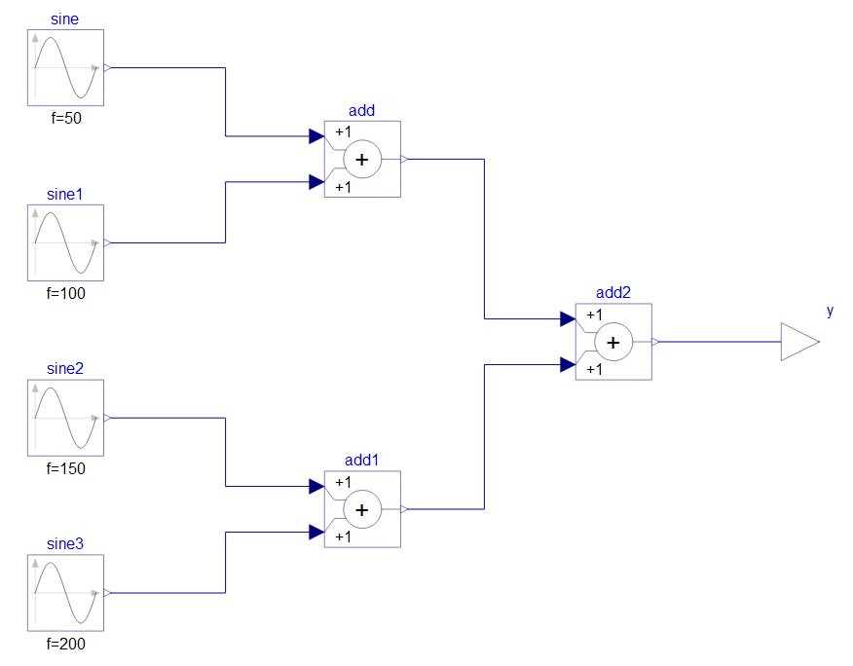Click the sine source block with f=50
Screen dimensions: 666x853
tap(65, 67)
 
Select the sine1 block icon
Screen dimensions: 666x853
tap(65, 242)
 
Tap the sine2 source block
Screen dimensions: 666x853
tap(65, 418)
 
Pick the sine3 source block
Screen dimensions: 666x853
tap(65, 593)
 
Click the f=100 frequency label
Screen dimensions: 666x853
tap(65, 293)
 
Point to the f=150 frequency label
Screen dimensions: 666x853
tap(65, 468)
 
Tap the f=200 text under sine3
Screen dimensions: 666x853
tap(65, 644)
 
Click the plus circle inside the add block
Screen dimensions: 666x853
tap(362, 160)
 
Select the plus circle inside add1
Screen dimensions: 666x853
tap(362, 509)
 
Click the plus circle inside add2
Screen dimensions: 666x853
tap(613, 343)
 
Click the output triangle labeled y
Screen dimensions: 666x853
tap(797, 343)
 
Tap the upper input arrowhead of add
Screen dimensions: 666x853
tap(316, 136)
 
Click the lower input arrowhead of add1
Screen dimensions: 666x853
tap(316, 532)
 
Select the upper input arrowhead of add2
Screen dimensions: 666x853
tap(568, 318)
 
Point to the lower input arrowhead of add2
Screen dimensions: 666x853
tap(568, 365)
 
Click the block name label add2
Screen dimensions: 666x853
tap(613, 293)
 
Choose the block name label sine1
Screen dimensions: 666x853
tap(65, 194)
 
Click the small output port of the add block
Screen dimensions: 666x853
tap(405, 159)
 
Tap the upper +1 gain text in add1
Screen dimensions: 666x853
tap(343, 482)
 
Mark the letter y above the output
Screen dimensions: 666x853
tap(830, 312)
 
